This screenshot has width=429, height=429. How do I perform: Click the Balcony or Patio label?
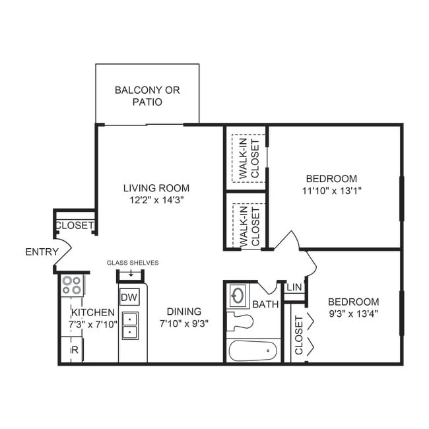point(147,96)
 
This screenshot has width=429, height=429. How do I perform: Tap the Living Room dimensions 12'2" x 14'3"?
point(156,200)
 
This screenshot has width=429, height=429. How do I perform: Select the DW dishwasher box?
point(129,298)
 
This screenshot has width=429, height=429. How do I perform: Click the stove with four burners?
point(71,285)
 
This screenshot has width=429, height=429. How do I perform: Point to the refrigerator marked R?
point(74,350)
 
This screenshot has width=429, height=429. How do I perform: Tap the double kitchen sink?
point(129,325)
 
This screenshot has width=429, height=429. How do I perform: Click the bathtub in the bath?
point(253,350)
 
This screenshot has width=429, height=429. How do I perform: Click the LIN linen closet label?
point(294,288)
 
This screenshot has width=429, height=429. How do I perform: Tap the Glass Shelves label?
point(133,263)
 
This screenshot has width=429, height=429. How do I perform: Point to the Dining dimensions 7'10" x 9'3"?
point(184,324)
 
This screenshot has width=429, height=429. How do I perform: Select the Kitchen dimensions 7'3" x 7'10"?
point(93,324)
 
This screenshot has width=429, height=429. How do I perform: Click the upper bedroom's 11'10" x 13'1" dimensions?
point(331,191)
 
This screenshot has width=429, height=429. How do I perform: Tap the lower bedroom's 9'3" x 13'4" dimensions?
point(354,313)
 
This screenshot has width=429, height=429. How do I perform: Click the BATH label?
point(265,304)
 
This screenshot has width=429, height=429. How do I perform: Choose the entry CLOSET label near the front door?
point(75,225)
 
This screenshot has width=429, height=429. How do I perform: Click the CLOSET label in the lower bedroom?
point(298,335)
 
